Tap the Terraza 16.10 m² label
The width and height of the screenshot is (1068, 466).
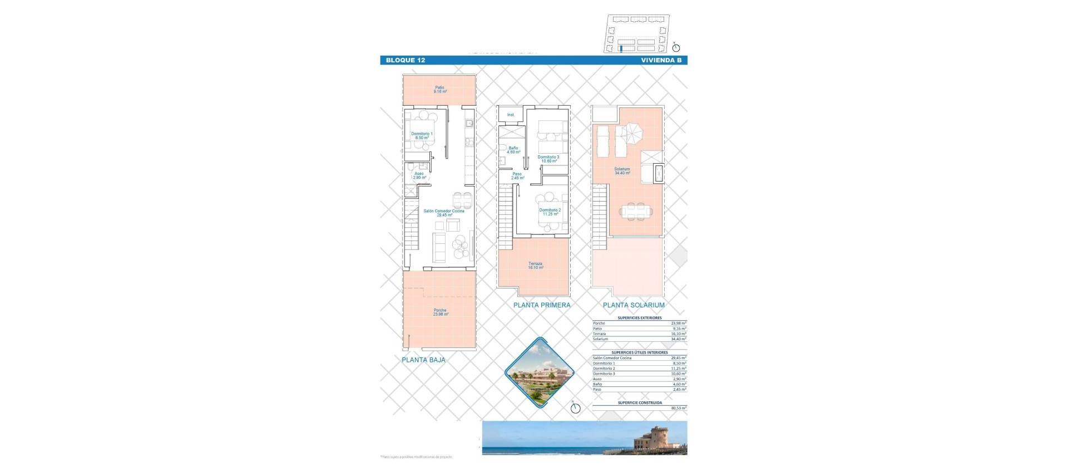pos(535,266)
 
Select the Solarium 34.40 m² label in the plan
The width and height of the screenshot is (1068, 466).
pos(622,171)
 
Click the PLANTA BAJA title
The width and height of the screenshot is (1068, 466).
pos(423,360)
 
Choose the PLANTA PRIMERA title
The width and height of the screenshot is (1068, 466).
pos(542,305)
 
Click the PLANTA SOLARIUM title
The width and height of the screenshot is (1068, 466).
pos(634,305)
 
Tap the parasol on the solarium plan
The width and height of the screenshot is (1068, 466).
pos(630,133)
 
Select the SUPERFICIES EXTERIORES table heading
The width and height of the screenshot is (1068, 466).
pos(640,318)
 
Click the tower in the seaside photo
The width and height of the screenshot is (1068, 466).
pos(654,439)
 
